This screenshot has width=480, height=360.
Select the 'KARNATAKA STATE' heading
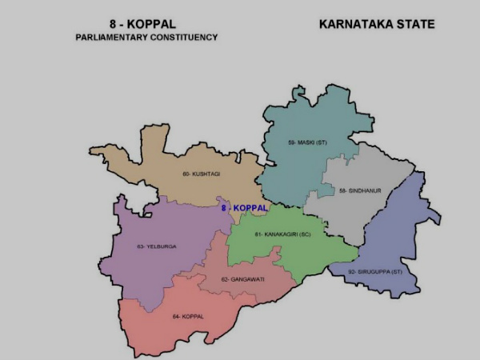pos(376,24)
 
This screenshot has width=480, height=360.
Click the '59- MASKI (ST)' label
pos(308,142)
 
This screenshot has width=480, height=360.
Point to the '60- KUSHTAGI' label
pos(201,174)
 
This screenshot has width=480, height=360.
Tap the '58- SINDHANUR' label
pos(360,190)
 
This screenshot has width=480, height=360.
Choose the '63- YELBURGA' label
pos(156,246)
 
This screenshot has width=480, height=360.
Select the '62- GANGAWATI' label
pos(237,279)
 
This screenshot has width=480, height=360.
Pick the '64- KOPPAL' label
pos(188,317)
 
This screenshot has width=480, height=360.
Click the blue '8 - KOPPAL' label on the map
pos(244,208)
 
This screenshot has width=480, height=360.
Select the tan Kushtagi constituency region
pos(172,164)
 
